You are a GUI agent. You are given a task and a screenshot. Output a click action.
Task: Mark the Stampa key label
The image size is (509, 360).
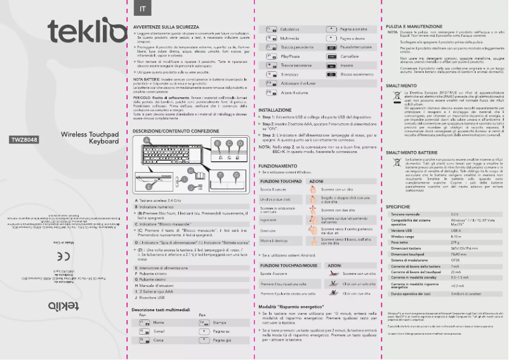tap(220, 323)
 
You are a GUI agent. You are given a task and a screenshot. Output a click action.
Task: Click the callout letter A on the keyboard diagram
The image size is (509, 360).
tap(145, 140)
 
